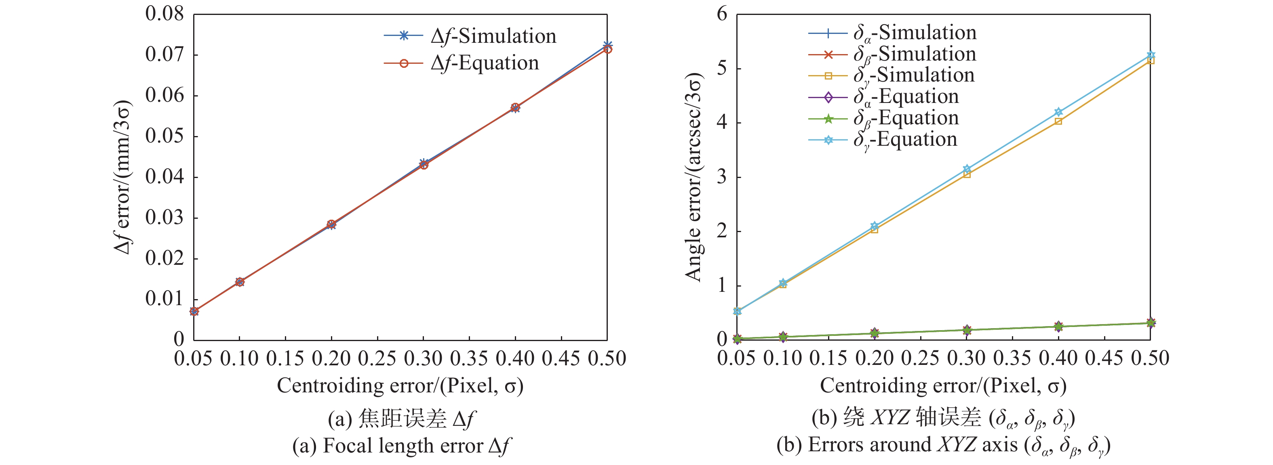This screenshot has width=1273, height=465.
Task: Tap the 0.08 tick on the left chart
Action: coord(164,14)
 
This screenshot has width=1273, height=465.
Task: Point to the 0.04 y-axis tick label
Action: coord(164,177)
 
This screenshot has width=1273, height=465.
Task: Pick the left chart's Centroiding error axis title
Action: coord(400,385)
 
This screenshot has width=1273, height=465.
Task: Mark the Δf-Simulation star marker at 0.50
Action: coord(607,46)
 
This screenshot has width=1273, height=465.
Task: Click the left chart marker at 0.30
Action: coord(424,164)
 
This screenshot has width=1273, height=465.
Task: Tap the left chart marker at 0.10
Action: coord(240,282)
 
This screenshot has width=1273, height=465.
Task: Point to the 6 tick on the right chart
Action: coord(722,14)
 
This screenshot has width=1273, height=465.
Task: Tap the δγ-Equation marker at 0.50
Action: coord(1151,55)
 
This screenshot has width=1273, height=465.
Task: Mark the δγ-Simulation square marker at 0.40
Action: coord(1058,121)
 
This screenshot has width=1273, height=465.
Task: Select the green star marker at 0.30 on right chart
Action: coord(967,330)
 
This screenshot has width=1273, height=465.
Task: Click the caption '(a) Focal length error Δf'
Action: coord(401,446)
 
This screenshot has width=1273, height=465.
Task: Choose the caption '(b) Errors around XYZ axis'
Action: coord(943,446)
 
